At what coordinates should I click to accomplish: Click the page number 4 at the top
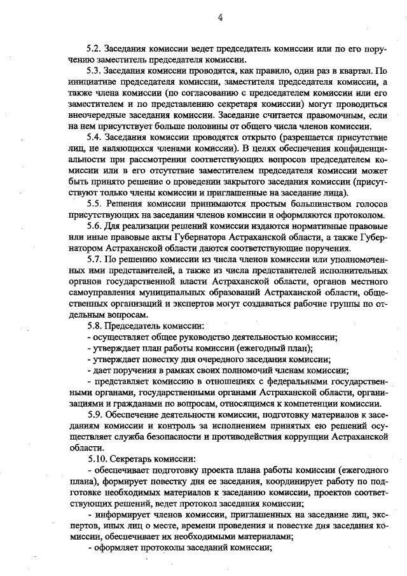coord(219,18)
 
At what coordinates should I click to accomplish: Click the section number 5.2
coord(94,48)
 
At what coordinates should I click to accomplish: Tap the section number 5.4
coord(94,137)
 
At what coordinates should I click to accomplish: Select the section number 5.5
coord(94,203)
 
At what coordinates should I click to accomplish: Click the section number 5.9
coord(94,414)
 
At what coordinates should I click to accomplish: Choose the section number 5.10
coord(96,458)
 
